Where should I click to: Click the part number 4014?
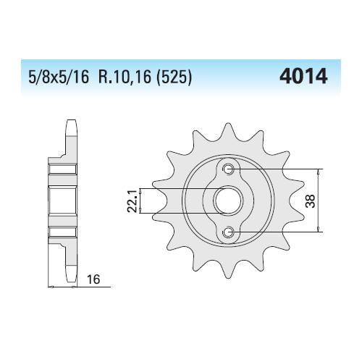(303, 76)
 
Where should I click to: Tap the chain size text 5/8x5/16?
(59, 77)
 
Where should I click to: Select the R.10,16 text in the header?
(125, 77)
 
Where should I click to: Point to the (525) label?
(174, 77)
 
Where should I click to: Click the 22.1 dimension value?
(132, 201)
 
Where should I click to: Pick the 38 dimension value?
(311, 201)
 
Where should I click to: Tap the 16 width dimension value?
(93, 279)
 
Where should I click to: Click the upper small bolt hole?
(228, 169)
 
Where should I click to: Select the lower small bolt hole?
(228, 232)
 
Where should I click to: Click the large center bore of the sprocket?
(228, 201)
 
